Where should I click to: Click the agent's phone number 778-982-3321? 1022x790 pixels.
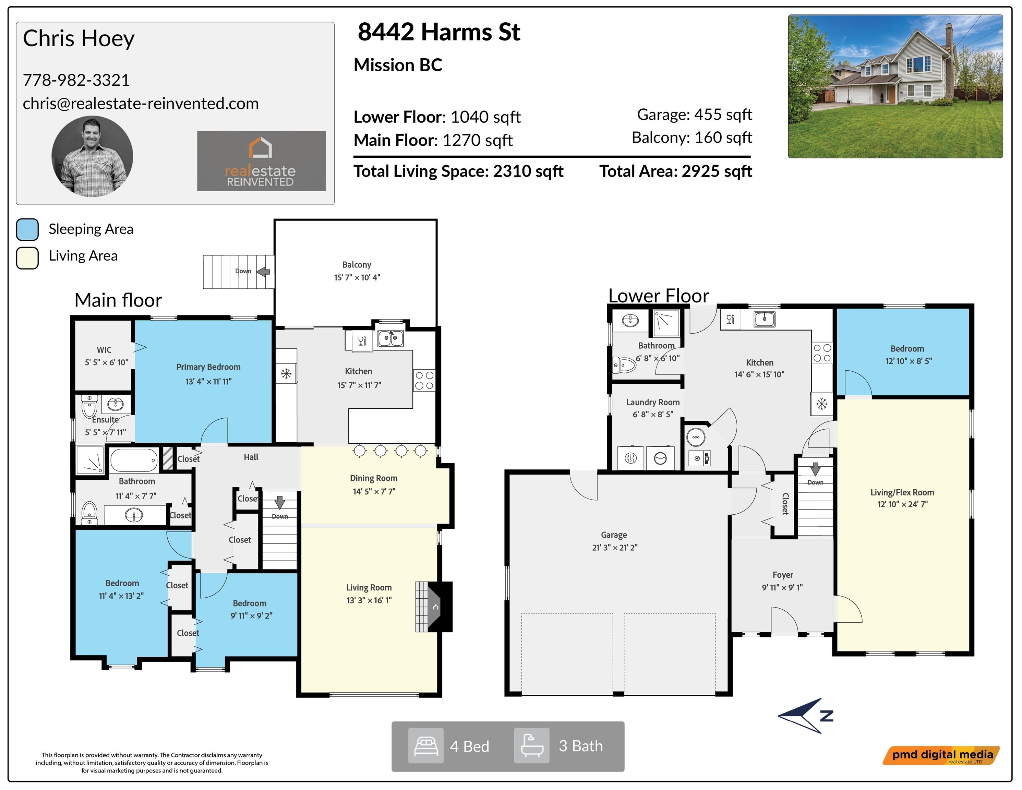point(76,80)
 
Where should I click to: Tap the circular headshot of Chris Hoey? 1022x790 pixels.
point(92,156)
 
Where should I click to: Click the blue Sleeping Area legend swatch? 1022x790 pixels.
point(27,230)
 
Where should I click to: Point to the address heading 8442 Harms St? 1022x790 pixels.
point(438,32)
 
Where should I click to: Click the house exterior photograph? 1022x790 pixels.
point(895,86)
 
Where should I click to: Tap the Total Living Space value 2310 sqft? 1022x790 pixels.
point(528,171)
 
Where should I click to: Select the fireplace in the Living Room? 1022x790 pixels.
point(434,607)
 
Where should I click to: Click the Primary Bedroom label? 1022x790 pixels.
point(208,367)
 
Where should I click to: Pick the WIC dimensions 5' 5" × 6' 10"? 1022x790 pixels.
point(107,362)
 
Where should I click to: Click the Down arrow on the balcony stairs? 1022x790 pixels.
point(263,271)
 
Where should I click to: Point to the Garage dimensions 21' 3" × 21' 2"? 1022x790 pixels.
point(614,547)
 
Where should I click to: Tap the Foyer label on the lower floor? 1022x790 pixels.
point(782,575)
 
